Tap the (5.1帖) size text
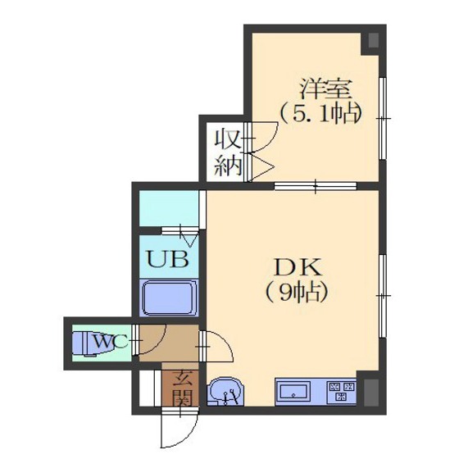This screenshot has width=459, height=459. pos(320,114)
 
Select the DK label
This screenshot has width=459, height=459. pos(298,267)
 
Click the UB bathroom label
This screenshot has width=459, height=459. pos(167,259)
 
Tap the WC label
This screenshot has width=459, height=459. pos(111,341)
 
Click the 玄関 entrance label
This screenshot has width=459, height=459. pos(181,389)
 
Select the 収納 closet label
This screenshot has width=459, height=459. pos(228,153)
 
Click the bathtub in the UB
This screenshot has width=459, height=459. pos(169,298)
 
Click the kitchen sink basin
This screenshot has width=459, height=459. pos(293,392)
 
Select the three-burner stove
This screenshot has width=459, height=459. pos(342,392)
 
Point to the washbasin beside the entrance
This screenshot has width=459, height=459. pos(225,393)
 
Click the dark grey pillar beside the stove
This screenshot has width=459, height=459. pos(370,393)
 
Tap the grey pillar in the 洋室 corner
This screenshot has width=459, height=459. pos(373,40)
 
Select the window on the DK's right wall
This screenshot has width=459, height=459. pos(383,296)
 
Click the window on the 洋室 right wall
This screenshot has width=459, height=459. pos(383,118)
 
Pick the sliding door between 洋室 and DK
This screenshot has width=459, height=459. pos(316,186)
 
